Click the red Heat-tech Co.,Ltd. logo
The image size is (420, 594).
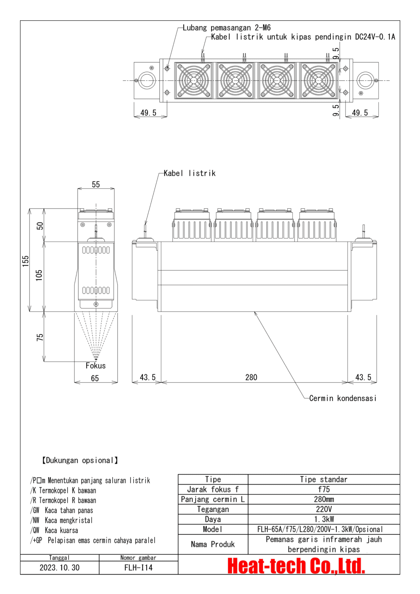(x=296, y=566)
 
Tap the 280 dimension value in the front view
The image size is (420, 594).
(x=251, y=377)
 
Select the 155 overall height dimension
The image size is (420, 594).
(x=26, y=261)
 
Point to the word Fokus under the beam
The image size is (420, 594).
(x=96, y=366)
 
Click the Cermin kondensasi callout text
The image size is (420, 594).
(x=342, y=398)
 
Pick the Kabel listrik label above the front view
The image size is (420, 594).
(x=189, y=173)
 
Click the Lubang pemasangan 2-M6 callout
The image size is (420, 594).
(x=226, y=28)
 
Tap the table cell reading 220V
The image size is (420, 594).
(x=323, y=509)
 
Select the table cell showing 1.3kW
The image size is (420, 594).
(x=323, y=519)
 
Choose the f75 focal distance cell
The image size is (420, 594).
(x=323, y=489)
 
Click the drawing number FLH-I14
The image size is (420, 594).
(x=138, y=568)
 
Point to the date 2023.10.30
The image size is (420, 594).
(x=60, y=568)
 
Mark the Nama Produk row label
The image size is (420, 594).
(x=213, y=544)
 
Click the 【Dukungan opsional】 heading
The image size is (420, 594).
(x=80, y=460)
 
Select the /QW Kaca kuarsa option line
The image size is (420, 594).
(x=54, y=530)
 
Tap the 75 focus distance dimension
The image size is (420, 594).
(x=40, y=337)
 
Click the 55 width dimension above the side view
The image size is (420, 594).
(x=96, y=185)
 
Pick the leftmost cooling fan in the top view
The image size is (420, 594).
(x=193, y=81)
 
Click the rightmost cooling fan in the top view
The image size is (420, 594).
(x=318, y=81)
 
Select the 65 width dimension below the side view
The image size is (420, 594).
(x=95, y=378)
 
